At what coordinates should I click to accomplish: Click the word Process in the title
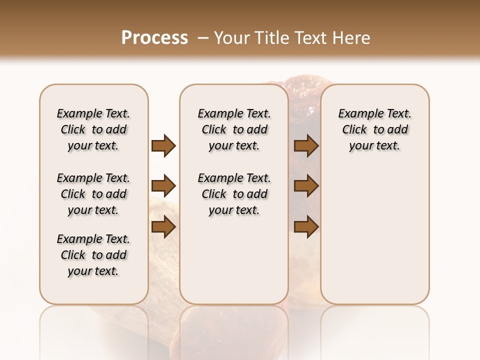[154, 38]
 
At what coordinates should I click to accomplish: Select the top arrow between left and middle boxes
[163, 146]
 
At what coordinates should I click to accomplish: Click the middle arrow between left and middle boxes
[163, 186]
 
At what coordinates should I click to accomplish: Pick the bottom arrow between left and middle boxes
[163, 227]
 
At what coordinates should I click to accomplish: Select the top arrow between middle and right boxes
[306, 146]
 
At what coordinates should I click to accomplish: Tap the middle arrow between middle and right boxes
[306, 186]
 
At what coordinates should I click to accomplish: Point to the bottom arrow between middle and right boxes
[306, 227]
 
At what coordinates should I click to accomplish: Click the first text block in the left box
[93, 129]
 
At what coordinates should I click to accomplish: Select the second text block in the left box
[93, 194]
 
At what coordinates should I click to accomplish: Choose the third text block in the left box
[93, 255]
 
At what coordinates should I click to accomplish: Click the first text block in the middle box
[234, 129]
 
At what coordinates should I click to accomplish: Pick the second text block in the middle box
[234, 194]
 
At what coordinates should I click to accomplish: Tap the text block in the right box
[375, 129]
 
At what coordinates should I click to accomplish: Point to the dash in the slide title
[203, 38]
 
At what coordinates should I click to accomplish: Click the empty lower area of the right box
[375, 235]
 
